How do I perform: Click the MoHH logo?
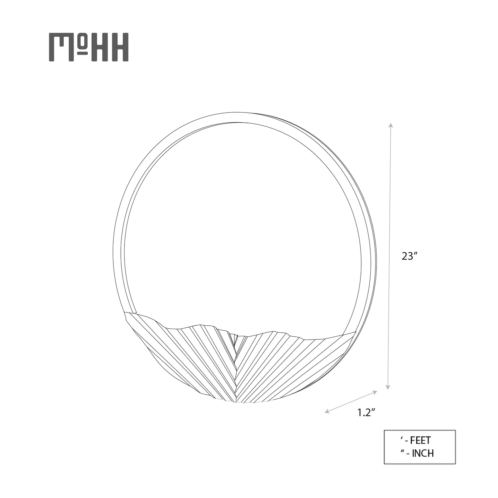click(x=89, y=47)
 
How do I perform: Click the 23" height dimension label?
click(x=409, y=256)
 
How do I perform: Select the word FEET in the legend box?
click(x=420, y=440)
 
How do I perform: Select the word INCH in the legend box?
click(x=423, y=453)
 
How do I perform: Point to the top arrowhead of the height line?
click(x=391, y=125)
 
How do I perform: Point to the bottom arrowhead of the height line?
click(x=387, y=387)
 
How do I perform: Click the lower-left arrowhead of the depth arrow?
click(x=327, y=412)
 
